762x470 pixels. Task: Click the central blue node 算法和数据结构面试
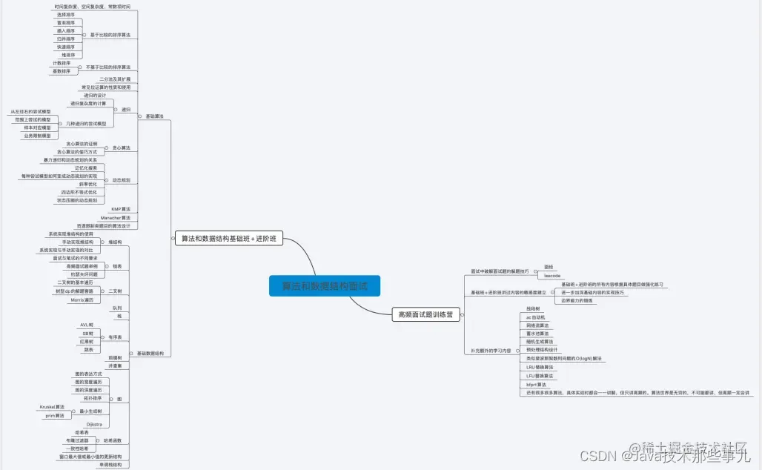click(324, 286)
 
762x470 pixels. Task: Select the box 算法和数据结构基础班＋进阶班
click(228, 239)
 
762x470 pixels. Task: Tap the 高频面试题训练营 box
click(425, 314)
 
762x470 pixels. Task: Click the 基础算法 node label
click(155, 116)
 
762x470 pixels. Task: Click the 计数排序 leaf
click(62, 64)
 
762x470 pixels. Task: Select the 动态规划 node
click(121, 180)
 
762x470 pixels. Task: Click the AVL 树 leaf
click(87, 325)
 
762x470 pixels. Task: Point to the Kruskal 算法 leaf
click(52, 407)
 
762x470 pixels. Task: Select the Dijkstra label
click(94, 424)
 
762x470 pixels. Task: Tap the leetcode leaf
click(552, 276)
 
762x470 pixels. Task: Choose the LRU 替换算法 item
click(540, 367)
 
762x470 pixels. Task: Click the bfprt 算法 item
click(536, 384)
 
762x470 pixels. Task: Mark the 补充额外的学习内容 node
click(491, 350)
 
